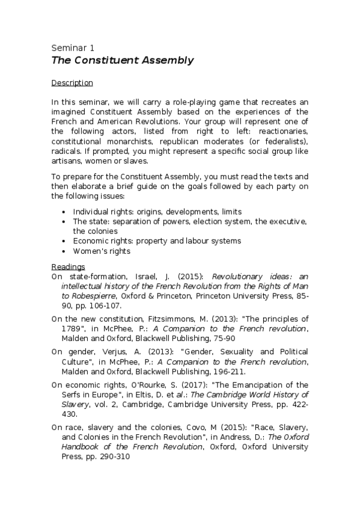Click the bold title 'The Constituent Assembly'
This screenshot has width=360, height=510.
pos(122,60)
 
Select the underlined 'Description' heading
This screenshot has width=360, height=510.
pos(72,82)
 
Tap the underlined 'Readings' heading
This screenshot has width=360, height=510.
pos(68,266)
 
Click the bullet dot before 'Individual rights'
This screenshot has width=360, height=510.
pos(64,212)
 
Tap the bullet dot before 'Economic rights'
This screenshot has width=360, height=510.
pos(64,241)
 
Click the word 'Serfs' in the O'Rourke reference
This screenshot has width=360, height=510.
pos(63,395)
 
